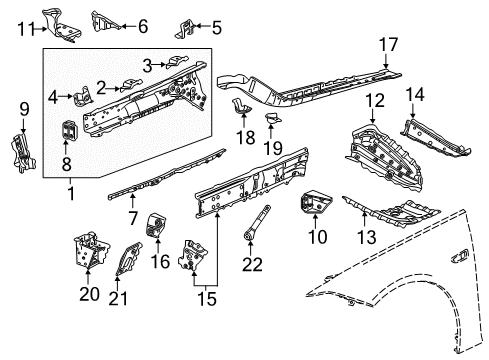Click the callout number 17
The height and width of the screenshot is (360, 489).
tap(387, 44)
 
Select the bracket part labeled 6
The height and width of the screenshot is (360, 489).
tap(102, 22)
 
